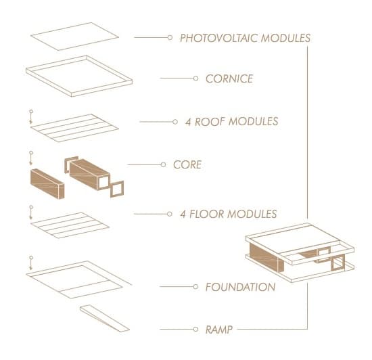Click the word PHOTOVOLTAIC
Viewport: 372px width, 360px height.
218,38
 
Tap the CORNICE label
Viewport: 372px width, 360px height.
229,78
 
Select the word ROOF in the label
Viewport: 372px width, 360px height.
210,122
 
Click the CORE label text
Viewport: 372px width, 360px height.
187,164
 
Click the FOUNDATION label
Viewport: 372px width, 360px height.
240,287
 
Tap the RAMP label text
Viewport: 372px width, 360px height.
218,330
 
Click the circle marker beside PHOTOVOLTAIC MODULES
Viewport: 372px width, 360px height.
170,37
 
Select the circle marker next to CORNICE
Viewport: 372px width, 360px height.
195,78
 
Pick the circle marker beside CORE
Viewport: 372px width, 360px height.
163,164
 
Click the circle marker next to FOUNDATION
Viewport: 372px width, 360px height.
195,287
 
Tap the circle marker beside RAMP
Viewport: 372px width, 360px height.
195,329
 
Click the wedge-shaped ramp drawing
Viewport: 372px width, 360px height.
104,318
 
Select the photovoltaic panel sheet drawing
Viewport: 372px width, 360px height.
74,37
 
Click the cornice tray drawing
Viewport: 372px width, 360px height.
79,76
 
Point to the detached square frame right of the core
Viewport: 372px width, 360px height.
117,189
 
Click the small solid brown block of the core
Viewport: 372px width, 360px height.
47,184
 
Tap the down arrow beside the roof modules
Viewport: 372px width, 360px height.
31,117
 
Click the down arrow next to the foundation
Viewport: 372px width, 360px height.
31,263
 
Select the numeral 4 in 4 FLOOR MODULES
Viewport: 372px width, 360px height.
183,214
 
